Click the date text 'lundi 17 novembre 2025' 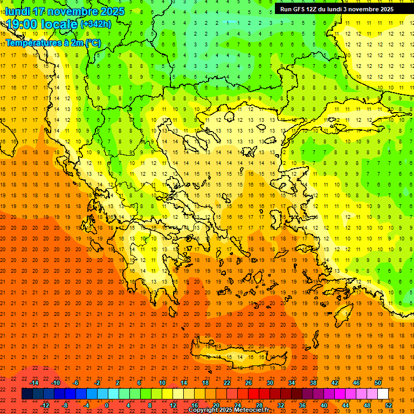65,11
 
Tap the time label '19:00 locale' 42,24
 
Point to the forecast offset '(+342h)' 95,24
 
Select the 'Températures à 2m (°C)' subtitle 53,43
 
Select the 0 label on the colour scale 107,405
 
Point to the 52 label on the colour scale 389,405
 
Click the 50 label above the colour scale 377,382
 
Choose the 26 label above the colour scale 249,382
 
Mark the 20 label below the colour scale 216,405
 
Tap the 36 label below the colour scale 302,405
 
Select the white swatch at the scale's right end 383,394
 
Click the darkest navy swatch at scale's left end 27,394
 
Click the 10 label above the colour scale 162,382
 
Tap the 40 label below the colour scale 324,405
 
